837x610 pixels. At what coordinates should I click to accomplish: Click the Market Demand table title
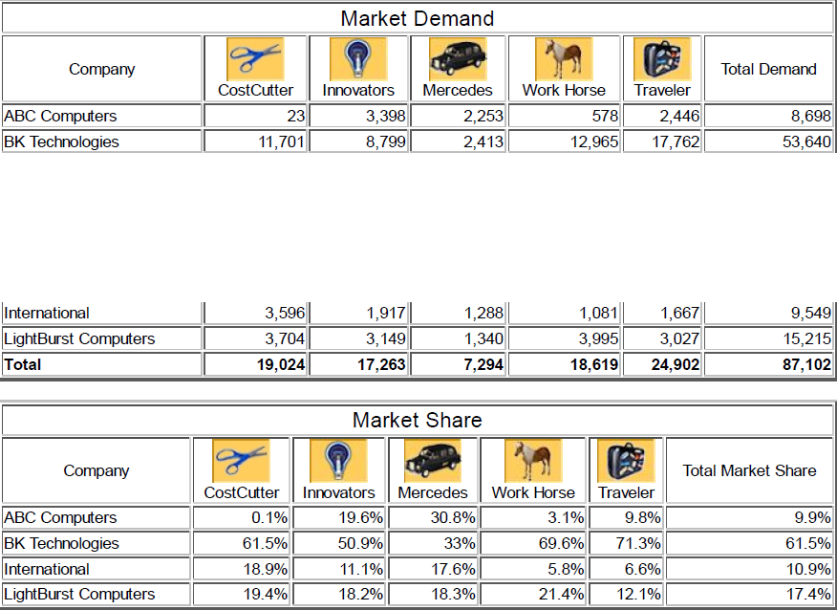[418, 18]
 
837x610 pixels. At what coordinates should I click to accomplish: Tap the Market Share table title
[418, 420]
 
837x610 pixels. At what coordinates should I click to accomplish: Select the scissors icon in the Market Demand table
[254, 57]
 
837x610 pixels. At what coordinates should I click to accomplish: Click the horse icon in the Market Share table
[533, 460]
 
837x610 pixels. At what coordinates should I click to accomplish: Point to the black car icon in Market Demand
[458, 58]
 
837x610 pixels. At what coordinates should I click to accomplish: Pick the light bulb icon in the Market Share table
[338, 460]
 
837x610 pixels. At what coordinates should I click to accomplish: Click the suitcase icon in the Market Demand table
[661, 58]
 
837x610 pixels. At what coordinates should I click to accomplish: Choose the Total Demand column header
[768, 69]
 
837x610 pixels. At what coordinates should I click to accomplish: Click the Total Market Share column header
[749, 470]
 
